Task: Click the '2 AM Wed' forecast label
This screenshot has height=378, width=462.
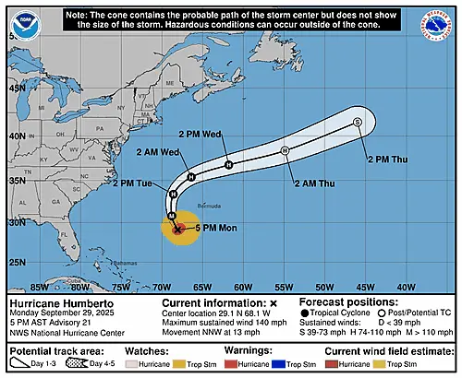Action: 152,151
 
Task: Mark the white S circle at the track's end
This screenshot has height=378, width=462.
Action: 358,123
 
